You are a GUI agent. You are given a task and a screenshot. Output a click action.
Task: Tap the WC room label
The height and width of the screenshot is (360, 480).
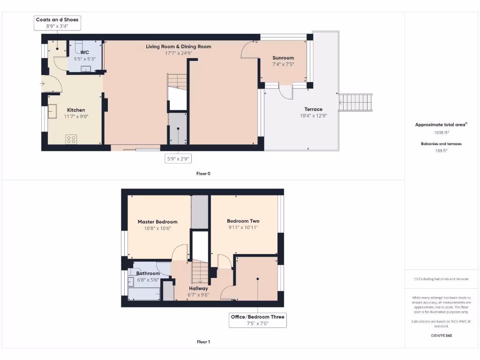85,52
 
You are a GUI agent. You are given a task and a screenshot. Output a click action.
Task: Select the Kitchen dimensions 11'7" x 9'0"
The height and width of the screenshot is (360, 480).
76,117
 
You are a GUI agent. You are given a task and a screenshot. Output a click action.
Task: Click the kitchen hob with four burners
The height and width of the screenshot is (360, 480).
71,139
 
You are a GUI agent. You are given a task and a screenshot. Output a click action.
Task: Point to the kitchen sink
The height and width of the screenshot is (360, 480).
52,112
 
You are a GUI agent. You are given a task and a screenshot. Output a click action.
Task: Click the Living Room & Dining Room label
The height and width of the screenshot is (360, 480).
178,46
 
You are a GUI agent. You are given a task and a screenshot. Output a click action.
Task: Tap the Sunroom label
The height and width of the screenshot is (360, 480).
283,58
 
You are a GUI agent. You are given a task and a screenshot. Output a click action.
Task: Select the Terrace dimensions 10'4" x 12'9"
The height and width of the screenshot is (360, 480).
313,116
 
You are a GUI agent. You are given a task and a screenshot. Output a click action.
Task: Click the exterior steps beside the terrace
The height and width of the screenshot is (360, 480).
355,102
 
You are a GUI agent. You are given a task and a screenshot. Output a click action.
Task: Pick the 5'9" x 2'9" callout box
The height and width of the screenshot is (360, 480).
179,159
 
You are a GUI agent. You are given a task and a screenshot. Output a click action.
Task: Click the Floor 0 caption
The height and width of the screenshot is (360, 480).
203,173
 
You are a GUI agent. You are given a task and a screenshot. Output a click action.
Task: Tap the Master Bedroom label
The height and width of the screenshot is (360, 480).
157,222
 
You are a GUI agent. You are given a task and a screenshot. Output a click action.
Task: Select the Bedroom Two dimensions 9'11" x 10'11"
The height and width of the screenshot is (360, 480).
243,227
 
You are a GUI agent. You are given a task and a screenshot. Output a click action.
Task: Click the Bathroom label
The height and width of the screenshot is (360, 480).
148,273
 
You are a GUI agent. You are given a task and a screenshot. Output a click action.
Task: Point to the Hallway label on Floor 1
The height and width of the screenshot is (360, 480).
198,288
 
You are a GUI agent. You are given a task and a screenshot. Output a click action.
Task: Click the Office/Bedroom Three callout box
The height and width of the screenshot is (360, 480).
257,320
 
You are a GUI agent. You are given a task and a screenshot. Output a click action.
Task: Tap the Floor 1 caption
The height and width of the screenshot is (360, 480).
203,342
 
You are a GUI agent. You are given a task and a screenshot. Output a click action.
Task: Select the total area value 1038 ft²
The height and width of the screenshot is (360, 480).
440,133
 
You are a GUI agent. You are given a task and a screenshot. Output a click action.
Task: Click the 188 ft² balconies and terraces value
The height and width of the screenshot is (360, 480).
440,151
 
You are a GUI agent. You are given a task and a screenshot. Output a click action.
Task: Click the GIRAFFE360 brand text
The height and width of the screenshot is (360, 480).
440,336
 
